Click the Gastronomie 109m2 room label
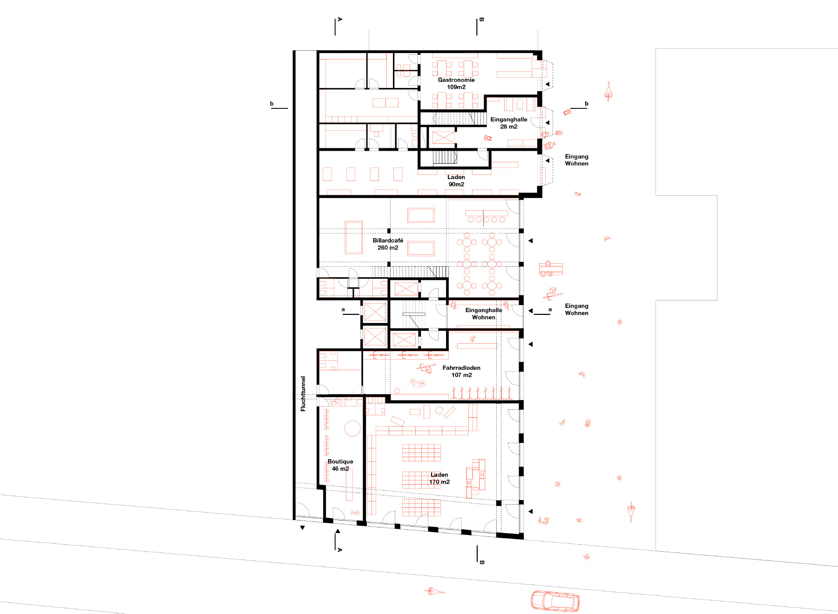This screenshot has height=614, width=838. (456, 84)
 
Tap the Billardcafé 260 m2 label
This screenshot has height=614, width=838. (388, 244)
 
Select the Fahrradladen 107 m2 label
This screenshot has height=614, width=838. (461, 371)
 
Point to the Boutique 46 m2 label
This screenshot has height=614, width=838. (340, 465)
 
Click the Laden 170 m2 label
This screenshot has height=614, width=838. (439, 478)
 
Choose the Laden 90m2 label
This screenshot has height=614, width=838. (456, 180)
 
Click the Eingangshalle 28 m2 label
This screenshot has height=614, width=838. (509, 123)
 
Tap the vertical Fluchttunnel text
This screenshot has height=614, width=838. (303, 394)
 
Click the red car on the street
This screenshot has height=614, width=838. (555, 601)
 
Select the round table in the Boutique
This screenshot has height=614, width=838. (352, 428)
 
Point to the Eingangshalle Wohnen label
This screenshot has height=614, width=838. (484, 314)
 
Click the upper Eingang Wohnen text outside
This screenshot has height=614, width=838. (576, 160)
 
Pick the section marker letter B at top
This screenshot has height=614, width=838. (481, 20)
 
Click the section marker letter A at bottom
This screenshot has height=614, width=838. (339, 550)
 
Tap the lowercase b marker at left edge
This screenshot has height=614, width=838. (272, 104)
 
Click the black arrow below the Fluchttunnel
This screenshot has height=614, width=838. (303, 528)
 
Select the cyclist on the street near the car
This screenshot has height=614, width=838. (434, 592)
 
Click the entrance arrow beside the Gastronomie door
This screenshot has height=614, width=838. (547, 84)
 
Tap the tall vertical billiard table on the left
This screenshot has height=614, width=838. (353, 238)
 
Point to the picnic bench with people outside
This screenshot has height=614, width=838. (551, 269)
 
